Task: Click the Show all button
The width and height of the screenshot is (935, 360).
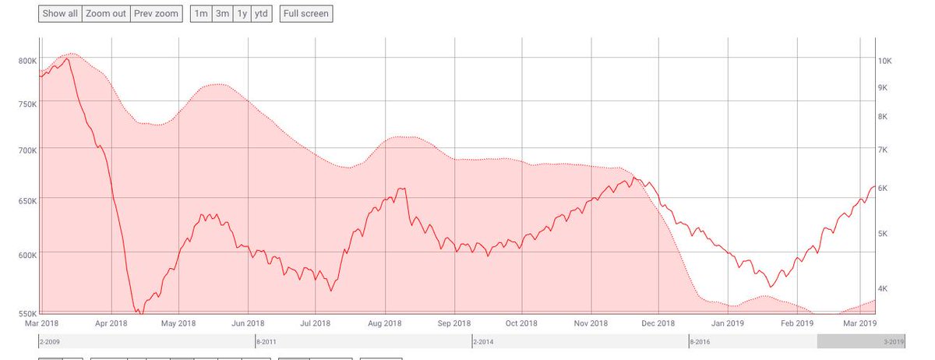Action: click(x=60, y=13)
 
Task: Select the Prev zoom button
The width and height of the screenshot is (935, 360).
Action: click(x=157, y=13)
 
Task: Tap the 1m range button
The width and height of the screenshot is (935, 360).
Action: click(x=200, y=13)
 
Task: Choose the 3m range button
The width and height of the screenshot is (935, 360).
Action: click(x=222, y=13)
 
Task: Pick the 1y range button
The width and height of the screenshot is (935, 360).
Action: click(x=242, y=13)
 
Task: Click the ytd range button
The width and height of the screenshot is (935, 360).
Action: click(x=262, y=13)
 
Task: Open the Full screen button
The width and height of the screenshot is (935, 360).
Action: click(x=306, y=13)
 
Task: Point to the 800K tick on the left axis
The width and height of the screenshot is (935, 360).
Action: click(x=27, y=60)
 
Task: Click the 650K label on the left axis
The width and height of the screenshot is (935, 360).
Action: click(x=27, y=201)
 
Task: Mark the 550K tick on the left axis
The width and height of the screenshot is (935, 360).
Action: click(x=27, y=312)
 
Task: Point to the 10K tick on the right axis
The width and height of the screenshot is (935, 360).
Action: click(x=884, y=61)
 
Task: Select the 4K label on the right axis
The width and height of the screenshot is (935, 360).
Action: click(x=883, y=289)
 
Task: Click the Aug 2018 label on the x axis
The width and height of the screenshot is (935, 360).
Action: click(x=384, y=323)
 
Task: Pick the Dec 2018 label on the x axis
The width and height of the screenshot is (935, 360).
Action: click(x=658, y=323)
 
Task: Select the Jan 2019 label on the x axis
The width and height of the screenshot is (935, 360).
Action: click(x=728, y=323)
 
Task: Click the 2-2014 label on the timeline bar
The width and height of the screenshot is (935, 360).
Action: click(x=482, y=341)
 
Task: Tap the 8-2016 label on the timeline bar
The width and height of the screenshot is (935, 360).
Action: click(x=699, y=341)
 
